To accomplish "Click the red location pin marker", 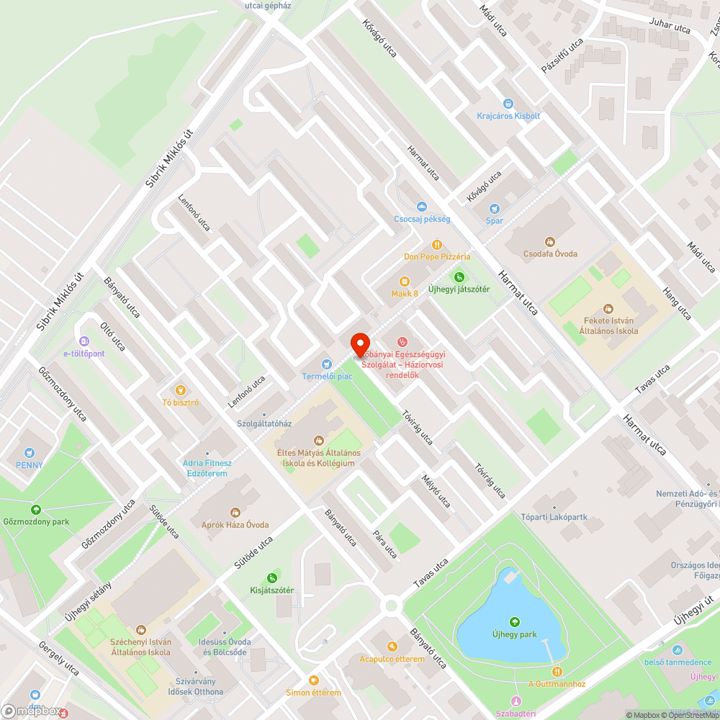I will tap(359, 344).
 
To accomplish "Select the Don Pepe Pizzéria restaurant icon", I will tap(436, 245).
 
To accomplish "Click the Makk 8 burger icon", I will tap(405, 281).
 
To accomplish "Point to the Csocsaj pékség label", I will tap(422, 219).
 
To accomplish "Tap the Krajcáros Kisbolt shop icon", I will tap(508, 104).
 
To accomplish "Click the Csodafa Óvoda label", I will tap(551, 253).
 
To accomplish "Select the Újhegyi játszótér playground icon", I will tap(459, 276).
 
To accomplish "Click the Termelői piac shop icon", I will tap(327, 364).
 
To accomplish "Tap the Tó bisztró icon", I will tap(181, 390).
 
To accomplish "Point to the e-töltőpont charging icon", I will tap(84, 341).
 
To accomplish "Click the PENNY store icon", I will tap(30, 453).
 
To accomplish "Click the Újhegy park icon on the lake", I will tap(514, 622).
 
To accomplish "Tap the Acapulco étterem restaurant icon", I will tap(392, 647).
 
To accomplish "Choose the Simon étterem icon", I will tap(313, 680).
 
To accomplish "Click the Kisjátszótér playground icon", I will tap(271, 577).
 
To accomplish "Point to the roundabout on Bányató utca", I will tap(392, 605).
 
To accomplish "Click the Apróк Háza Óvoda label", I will tap(230, 525).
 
